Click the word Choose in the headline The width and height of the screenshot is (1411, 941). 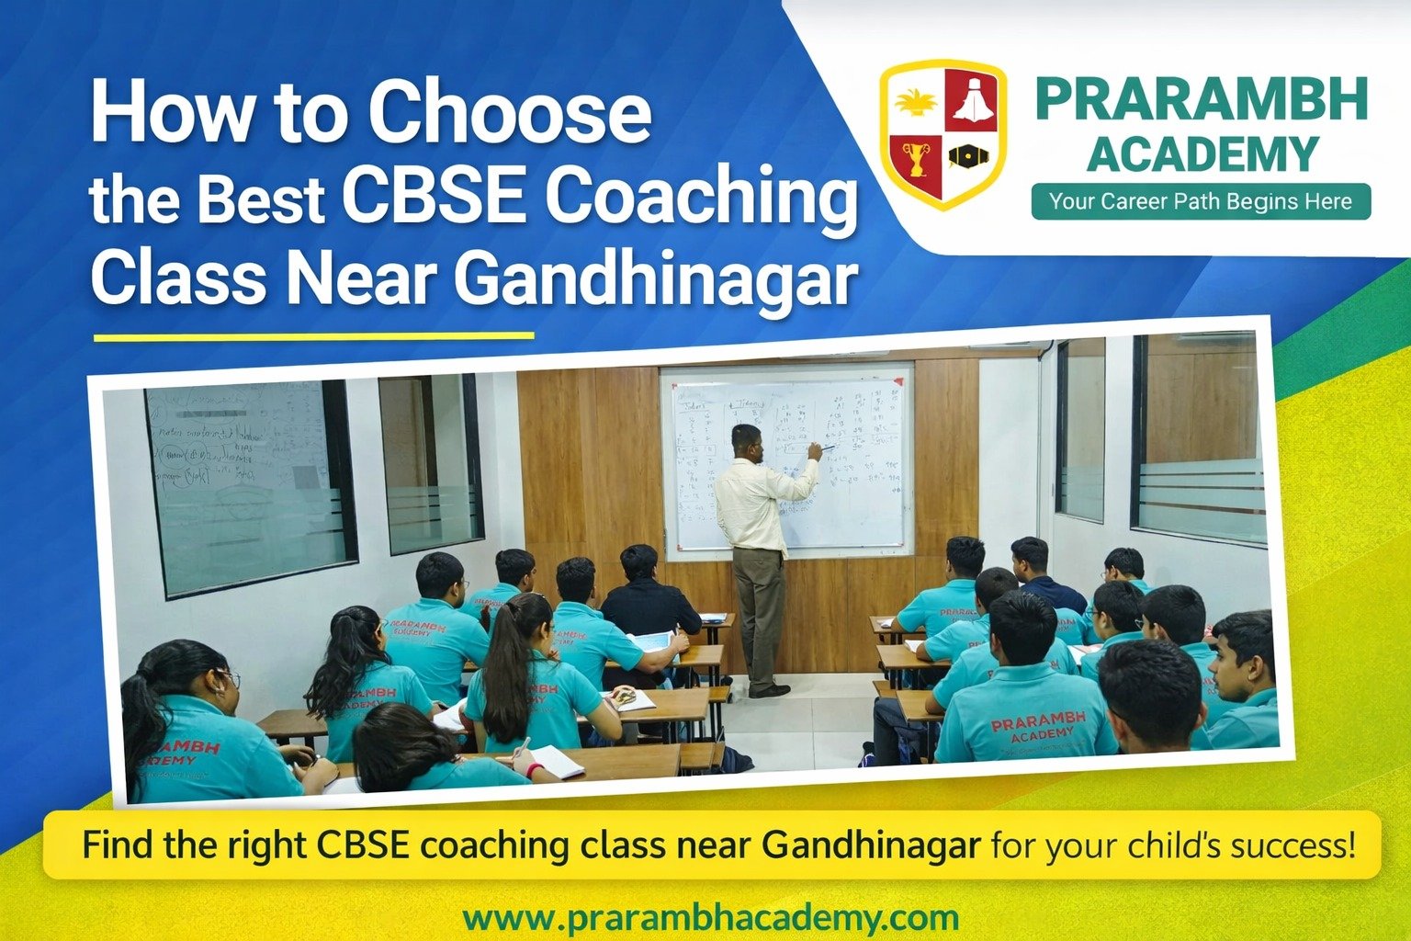tap(510, 112)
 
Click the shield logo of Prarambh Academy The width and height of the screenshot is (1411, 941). tap(943, 133)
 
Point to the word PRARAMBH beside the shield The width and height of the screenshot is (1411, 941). tap(1202, 100)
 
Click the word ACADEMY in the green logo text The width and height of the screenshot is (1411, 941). tap(1202, 154)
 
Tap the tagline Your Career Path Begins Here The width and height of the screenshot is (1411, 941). tap(1201, 201)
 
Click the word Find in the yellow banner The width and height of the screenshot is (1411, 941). tap(119, 845)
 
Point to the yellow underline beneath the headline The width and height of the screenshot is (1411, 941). tap(314, 336)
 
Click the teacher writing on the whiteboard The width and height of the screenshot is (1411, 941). tap(758, 551)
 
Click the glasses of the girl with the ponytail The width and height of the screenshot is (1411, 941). tap(227, 679)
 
